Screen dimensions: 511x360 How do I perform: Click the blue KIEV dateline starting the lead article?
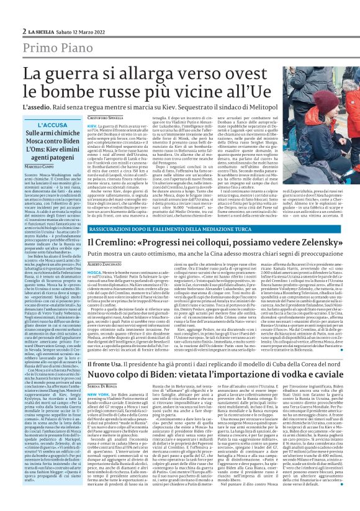pyautogui.click(x=92, y=143)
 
